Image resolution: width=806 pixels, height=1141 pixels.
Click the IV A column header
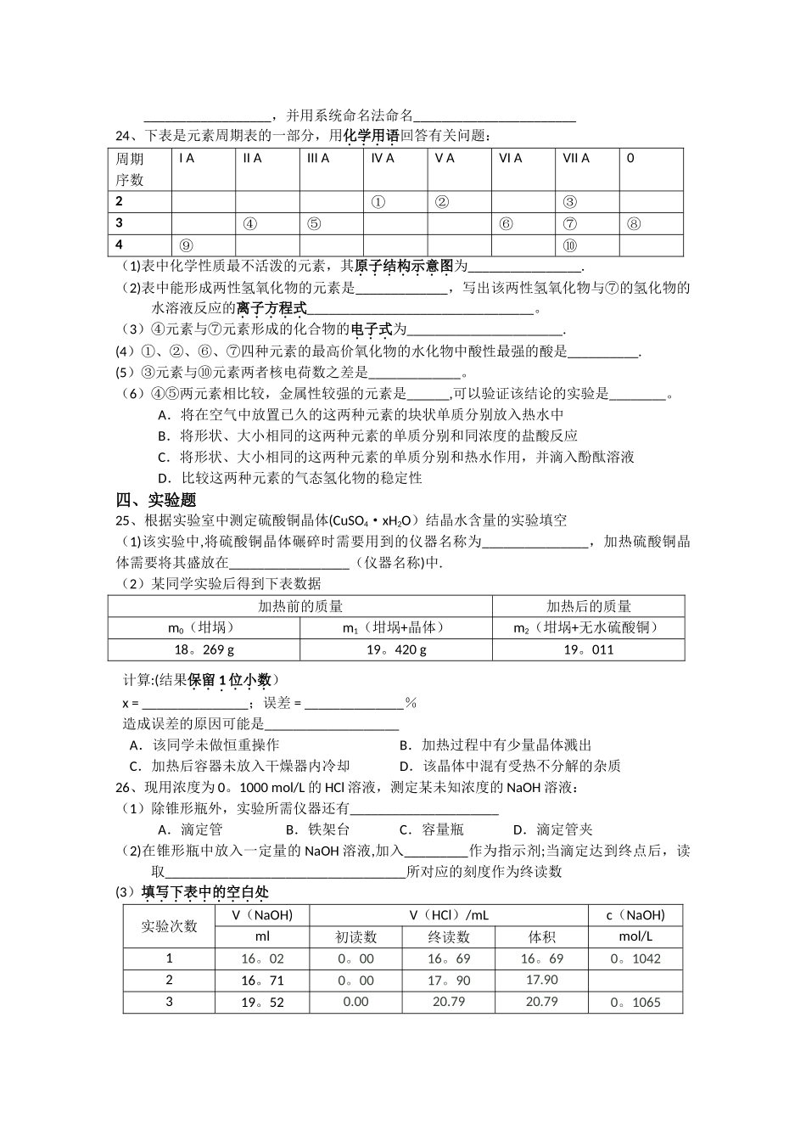(383, 158)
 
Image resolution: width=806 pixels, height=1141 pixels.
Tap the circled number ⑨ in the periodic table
(186, 245)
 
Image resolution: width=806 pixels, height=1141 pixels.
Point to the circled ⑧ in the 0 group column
(633, 224)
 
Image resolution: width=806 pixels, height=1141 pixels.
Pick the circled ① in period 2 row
(378, 202)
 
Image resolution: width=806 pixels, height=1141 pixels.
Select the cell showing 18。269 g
(204, 650)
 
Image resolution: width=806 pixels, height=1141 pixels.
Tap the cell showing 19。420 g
(396, 650)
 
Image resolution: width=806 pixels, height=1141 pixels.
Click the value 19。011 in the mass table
(588, 650)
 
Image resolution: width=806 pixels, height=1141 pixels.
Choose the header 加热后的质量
(588, 606)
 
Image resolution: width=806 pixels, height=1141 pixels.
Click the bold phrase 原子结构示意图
(404, 266)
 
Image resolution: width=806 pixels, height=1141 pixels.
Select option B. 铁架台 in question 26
(317, 829)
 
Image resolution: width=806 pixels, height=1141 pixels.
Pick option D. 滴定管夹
(552, 829)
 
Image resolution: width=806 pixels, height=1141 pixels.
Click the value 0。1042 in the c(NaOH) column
(635, 958)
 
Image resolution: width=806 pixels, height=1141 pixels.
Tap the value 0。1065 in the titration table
(635, 1003)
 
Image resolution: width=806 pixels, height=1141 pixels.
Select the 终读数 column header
(449, 937)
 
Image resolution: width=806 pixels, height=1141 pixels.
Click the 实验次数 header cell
(169, 926)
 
